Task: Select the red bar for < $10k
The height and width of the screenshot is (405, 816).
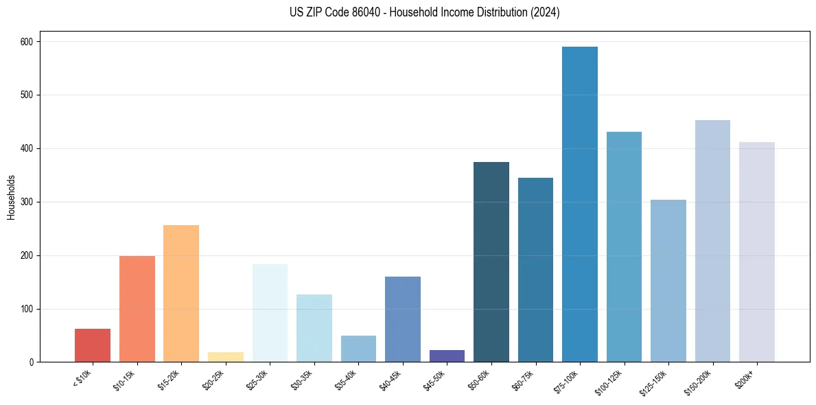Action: [93, 345]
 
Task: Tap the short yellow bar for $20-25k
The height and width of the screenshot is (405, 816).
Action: [226, 357]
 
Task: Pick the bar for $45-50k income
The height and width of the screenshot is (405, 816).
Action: [447, 356]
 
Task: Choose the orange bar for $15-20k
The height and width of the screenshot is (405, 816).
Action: [181, 293]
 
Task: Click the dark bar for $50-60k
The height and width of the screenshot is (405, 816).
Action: [491, 262]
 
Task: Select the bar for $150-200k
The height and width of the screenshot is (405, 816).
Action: [712, 241]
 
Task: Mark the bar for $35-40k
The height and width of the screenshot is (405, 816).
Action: [358, 349]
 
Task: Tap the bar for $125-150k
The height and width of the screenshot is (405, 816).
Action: [668, 281]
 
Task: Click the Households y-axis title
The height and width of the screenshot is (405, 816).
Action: [11, 197]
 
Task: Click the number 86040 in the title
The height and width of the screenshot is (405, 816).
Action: [358, 12]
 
